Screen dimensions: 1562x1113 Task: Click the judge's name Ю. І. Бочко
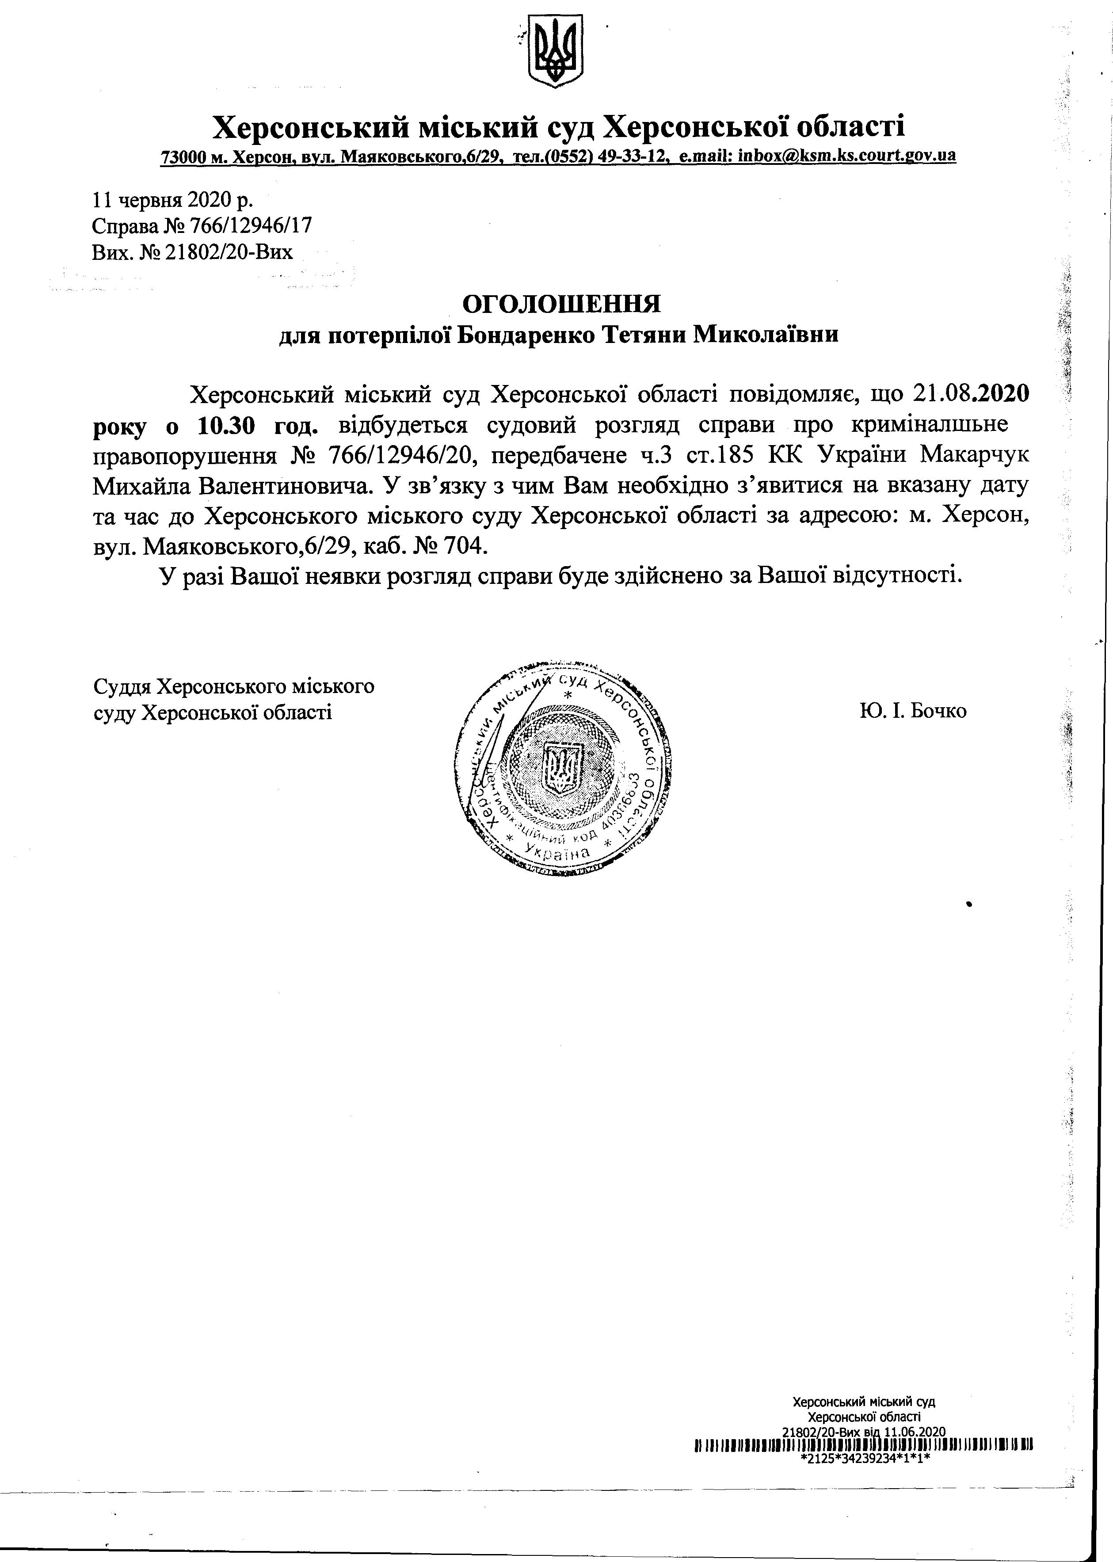click(912, 711)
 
